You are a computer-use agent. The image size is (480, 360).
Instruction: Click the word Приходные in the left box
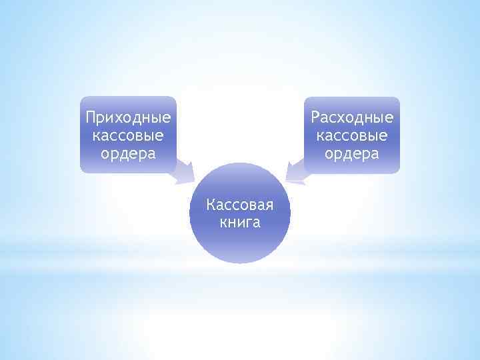pos(128,119)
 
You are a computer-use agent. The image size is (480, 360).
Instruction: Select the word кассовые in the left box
pos(128,136)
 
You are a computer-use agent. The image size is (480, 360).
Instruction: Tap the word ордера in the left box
pos(128,154)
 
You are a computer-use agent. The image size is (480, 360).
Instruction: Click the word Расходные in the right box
pos(352,119)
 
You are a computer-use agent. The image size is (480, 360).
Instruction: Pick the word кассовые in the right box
pos(352,136)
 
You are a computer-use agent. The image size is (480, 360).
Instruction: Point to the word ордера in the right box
pos(352,154)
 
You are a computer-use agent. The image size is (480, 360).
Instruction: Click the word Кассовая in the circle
pos(240,204)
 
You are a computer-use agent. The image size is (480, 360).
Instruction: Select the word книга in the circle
pos(240,221)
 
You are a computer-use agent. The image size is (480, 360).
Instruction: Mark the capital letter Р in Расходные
pos(315,118)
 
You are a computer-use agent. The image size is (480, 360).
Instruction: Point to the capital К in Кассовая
pos(211,203)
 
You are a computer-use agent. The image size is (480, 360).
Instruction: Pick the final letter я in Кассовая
pos(269,205)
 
